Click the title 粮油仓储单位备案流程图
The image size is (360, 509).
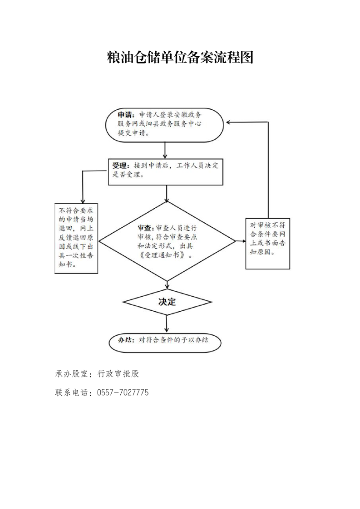point(180,58)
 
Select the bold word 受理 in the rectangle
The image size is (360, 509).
point(119,166)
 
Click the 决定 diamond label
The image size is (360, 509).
point(167,302)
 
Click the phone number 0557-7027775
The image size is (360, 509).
point(123,392)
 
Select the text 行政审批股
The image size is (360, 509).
point(118,374)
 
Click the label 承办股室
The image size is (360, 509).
point(72,374)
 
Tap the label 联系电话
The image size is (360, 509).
point(72,392)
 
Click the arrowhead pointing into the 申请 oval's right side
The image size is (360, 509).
point(228,122)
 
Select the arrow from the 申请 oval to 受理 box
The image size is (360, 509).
point(165,150)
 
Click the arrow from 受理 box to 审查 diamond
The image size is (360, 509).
point(167,193)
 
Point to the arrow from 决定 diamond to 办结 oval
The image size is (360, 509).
point(167,323)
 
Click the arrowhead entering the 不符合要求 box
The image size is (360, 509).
point(83,201)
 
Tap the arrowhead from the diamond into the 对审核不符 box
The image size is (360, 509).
point(243,241)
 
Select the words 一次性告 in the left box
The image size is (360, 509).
point(79,255)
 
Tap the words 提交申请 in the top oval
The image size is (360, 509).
point(132,133)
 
